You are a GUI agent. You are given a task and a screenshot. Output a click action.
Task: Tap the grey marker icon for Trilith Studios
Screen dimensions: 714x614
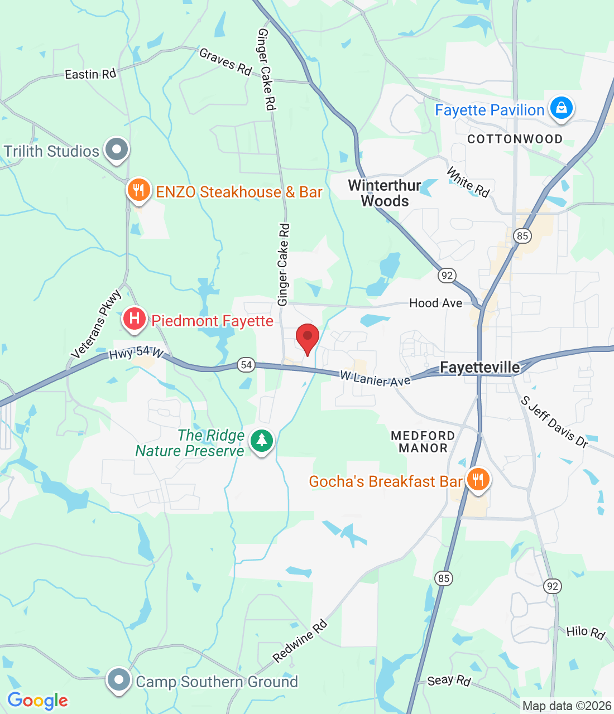pyautogui.click(x=117, y=149)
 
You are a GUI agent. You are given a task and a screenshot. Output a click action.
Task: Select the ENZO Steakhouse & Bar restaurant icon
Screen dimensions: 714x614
pyautogui.click(x=138, y=190)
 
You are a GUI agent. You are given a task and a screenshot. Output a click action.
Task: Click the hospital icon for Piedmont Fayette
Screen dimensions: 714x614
pyautogui.click(x=134, y=319)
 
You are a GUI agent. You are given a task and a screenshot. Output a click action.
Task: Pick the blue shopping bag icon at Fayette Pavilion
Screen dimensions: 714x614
pyautogui.click(x=561, y=108)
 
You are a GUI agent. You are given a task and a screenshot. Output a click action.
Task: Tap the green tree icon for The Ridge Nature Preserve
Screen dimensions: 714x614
pyautogui.click(x=261, y=441)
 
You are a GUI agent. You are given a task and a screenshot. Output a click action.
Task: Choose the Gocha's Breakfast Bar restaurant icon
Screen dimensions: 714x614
pyautogui.click(x=477, y=479)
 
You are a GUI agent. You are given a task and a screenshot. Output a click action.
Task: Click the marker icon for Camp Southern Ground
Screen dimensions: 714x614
pyautogui.click(x=118, y=680)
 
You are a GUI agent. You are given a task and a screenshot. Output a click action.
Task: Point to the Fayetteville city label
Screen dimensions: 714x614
pyautogui.click(x=480, y=368)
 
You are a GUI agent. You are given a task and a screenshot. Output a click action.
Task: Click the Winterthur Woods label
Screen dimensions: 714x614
pyautogui.click(x=385, y=193)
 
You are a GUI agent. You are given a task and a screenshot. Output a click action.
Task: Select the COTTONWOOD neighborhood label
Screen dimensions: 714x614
pyautogui.click(x=515, y=139)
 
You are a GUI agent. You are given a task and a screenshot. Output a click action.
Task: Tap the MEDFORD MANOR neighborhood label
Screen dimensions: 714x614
pyautogui.click(x=423, y=442)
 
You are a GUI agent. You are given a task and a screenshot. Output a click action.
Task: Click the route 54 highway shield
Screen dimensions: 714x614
pyautogui.click(x=246, y=365)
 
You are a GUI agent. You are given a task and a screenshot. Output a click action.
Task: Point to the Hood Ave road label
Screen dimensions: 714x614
pyautogui.click(x=435, y=303)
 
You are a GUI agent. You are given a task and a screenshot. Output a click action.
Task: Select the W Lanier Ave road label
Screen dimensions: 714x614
pyautogui.click(x=375, y=379)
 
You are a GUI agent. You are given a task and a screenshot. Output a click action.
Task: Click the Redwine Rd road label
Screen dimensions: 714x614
pyautogui.click(x=300, y=641)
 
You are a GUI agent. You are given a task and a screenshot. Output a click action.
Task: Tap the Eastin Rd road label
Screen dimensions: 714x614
pyautogui.click(x=90, y=74)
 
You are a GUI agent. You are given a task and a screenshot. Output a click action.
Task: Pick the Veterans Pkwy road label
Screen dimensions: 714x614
pyautogui.click(x=96, y=324)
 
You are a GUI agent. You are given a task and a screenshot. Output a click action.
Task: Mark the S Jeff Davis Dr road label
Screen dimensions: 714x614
pyautogui.click(x=554, y=422)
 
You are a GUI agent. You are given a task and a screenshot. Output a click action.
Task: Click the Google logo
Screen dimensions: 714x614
pyautogui.click(x=38, y=701)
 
